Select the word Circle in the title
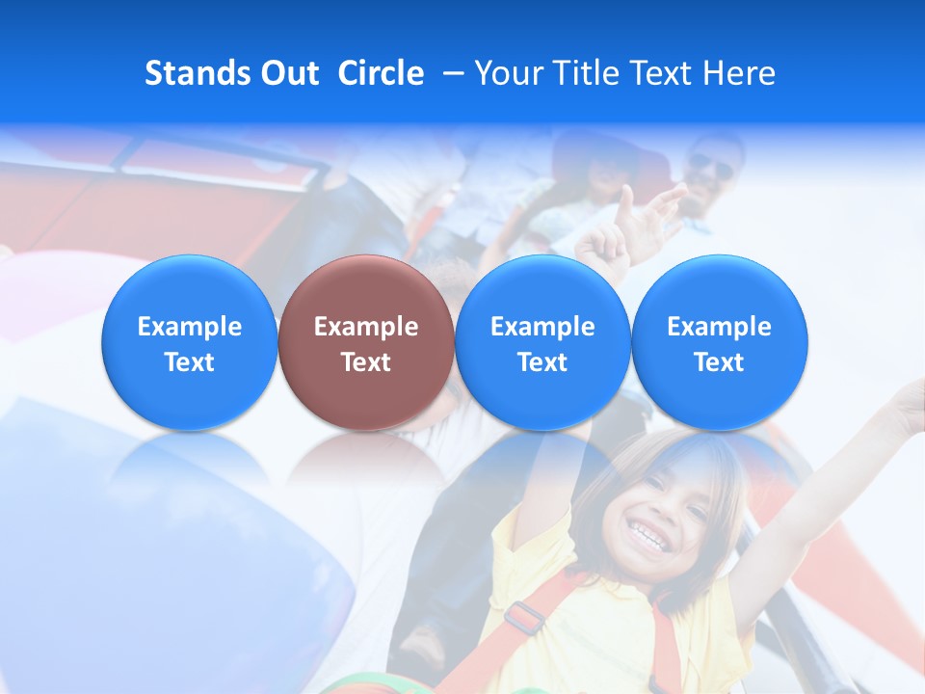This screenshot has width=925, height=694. click(x=381, y=73)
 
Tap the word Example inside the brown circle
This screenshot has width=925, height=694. click(x=366, y=327)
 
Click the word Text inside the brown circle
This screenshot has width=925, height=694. click(x=366, y=362)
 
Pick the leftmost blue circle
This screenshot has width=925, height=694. click(x=190, y=342)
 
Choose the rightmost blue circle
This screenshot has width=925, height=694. click(x=720, y=342)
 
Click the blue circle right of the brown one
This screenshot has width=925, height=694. click(x=542, y=342)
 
